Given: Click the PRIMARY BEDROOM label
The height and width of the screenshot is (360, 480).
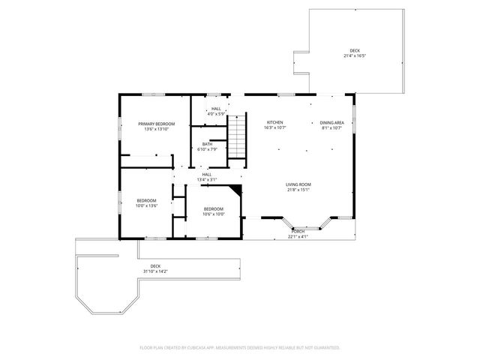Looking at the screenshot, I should tap(157, 123).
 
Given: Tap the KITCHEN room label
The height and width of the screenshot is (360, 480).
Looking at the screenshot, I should tap(275, 122).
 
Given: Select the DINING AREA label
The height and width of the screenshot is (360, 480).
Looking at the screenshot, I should tap(331, 122).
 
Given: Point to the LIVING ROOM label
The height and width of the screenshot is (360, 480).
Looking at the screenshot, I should tap(298, 184).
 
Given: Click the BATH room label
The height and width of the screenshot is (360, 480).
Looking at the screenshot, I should tap(206, 144).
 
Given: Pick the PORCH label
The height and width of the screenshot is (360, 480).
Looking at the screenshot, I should tap(298, 232).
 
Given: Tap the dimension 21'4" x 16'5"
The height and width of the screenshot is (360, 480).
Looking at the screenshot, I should tap(354, 56).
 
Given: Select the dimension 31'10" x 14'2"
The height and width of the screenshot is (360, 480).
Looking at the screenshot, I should tap(155, 271).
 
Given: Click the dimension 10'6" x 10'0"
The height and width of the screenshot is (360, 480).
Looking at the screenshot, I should tap(214, 214).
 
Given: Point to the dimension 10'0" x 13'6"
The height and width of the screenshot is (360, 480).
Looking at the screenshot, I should tap(146, 205).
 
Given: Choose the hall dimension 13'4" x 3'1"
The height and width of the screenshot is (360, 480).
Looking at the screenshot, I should tap(206, 180).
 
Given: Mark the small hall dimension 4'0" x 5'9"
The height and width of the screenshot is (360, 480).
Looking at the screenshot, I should tap(216, 114).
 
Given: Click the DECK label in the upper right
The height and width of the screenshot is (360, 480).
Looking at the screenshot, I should tap(354, 51).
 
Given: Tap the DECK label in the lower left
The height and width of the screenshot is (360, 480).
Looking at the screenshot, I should tap(155, 266).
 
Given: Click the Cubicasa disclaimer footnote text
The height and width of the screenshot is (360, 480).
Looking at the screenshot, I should tap(240, 348).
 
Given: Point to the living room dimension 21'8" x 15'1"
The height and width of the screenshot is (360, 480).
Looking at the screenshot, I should tap(298, 190).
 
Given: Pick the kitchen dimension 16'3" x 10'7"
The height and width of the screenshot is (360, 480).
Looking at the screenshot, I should tap(275, 127).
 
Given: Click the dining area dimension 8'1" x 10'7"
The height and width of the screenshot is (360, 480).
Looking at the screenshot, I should tap(331, 127).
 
